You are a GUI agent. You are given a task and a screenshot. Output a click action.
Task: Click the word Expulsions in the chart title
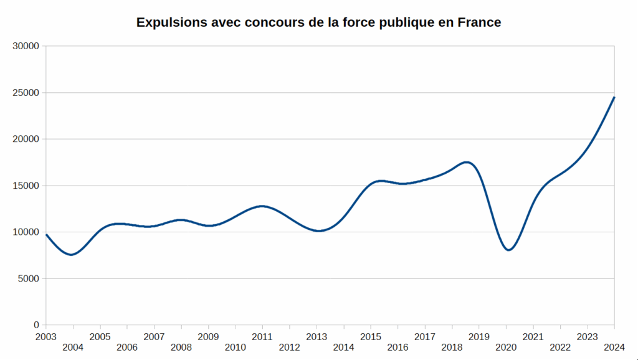(x=170, y=23)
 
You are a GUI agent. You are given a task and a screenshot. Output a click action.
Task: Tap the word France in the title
(x=478, y=23)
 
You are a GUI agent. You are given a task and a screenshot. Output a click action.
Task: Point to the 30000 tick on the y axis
(x=26, y=46)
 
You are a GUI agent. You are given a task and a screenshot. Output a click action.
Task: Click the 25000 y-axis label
(x=26, y=93)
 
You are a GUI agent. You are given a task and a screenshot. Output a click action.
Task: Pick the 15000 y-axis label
(x=26, y=186)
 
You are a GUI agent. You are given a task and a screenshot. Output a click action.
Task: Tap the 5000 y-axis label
(x=29, y=278)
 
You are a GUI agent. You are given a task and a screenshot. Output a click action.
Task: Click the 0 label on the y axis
(x=36, y=325)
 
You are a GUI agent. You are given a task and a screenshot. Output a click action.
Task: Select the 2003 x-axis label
(x=45, y=337)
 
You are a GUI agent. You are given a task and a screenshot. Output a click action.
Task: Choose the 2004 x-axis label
(x=73, y=347)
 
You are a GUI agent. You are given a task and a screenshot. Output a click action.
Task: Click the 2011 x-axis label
(x=262, y=337)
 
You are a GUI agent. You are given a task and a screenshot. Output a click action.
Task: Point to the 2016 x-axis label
(x=398, y=347)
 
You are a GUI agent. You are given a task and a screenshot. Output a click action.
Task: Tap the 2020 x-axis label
(x=506, y=347)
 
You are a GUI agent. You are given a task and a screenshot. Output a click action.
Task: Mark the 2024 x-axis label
(x=614, y=347)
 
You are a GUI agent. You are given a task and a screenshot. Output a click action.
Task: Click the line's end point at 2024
(x=614, y=97)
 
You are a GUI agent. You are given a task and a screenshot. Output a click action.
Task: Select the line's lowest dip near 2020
(x=509, y=250)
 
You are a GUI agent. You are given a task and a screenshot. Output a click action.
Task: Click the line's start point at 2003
(x=46, y=234)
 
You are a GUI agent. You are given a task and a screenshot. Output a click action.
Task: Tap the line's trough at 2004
(x=72, y=255)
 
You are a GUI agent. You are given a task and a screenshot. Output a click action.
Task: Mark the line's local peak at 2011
(x=262, y=206)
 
